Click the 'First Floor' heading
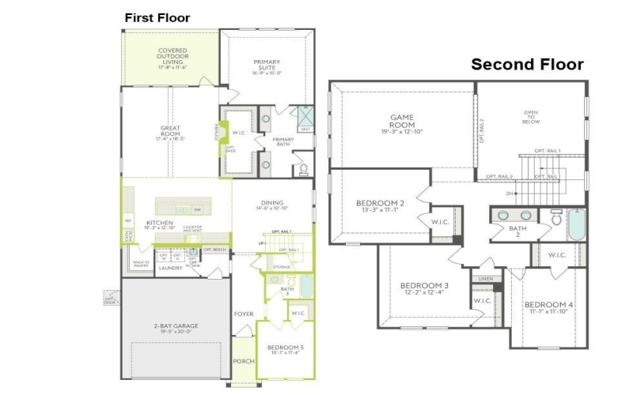pos(157,17)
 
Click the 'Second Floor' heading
pos(527,65)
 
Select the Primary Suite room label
pos(267,66)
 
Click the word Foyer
pos(243,314)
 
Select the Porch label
pos(242,361)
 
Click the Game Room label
pos(401,122)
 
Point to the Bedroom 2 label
pos(380,206)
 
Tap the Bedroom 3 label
pos(424,288)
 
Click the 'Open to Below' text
pos(530,118)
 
